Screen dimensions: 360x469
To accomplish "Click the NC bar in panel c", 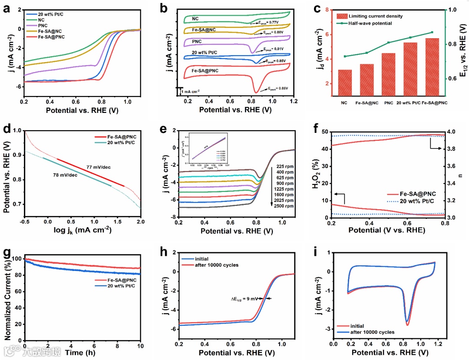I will [345, 83].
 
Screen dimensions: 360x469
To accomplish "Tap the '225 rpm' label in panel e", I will [284, 165].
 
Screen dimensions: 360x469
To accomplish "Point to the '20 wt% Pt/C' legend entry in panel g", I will [115, 287].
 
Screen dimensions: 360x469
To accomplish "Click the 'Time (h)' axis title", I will [80, 353].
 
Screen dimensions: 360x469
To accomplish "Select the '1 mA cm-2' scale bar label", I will [191, 92].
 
